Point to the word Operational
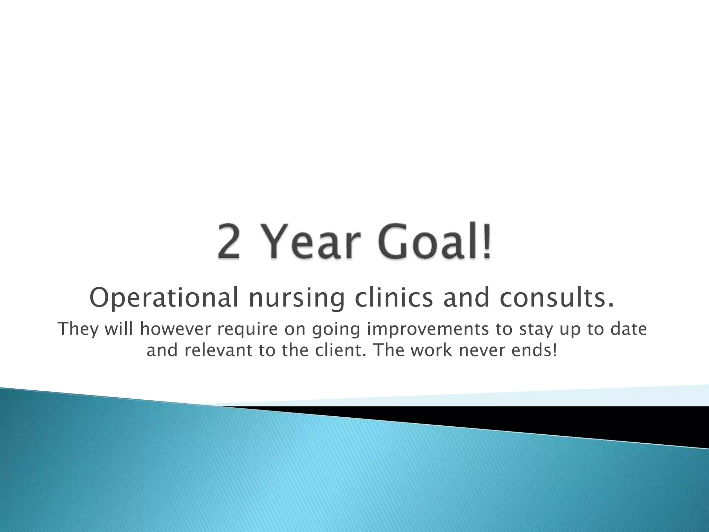(164, 298)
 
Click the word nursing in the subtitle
(297, 298)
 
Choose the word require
(248, 329)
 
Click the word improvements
(428, 329)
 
